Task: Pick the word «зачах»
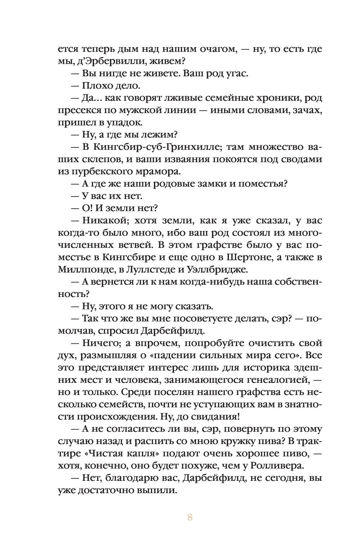(x=305, y=111)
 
